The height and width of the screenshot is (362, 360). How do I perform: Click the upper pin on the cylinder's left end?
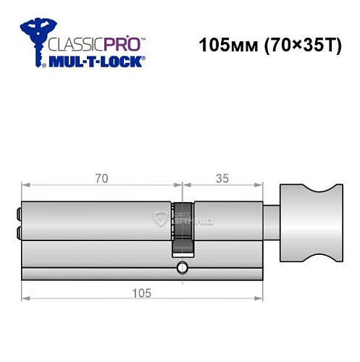tap(17, 214)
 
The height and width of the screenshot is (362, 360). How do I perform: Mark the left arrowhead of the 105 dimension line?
tap(24, 298)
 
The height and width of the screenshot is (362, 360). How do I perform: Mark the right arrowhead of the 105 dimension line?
tap(261, 298)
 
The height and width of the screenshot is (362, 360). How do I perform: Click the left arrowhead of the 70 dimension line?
tap(24, 183)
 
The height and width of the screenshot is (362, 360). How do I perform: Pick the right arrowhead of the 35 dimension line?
tap(261, 183)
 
